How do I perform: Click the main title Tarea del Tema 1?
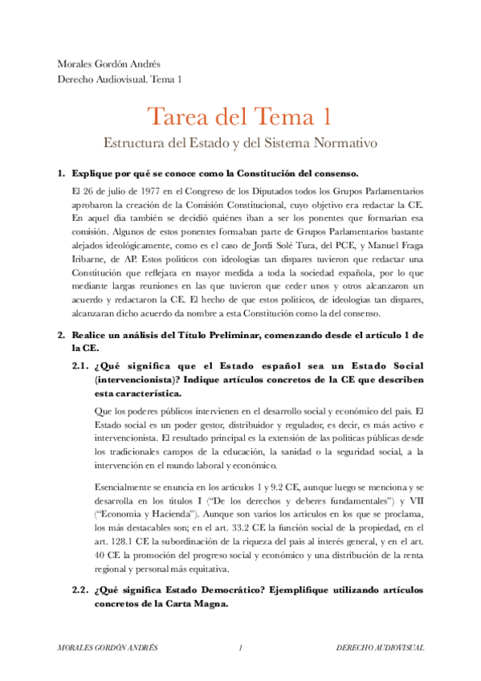pos(239,116)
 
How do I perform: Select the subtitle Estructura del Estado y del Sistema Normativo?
pos(239,145)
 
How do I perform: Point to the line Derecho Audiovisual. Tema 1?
pos(120,79)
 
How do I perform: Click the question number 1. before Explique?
pos(60,173)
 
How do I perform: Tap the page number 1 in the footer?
pos(240,648)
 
